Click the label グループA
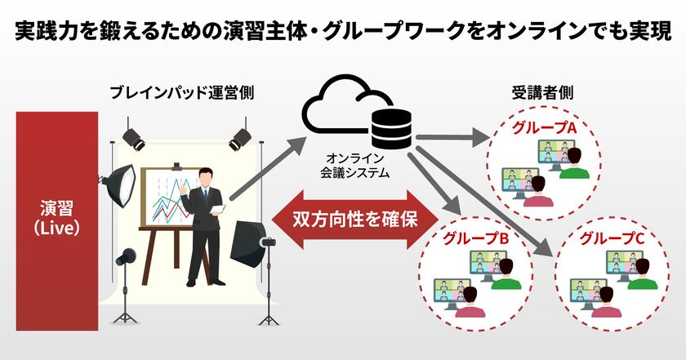(x=546, y=128)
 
